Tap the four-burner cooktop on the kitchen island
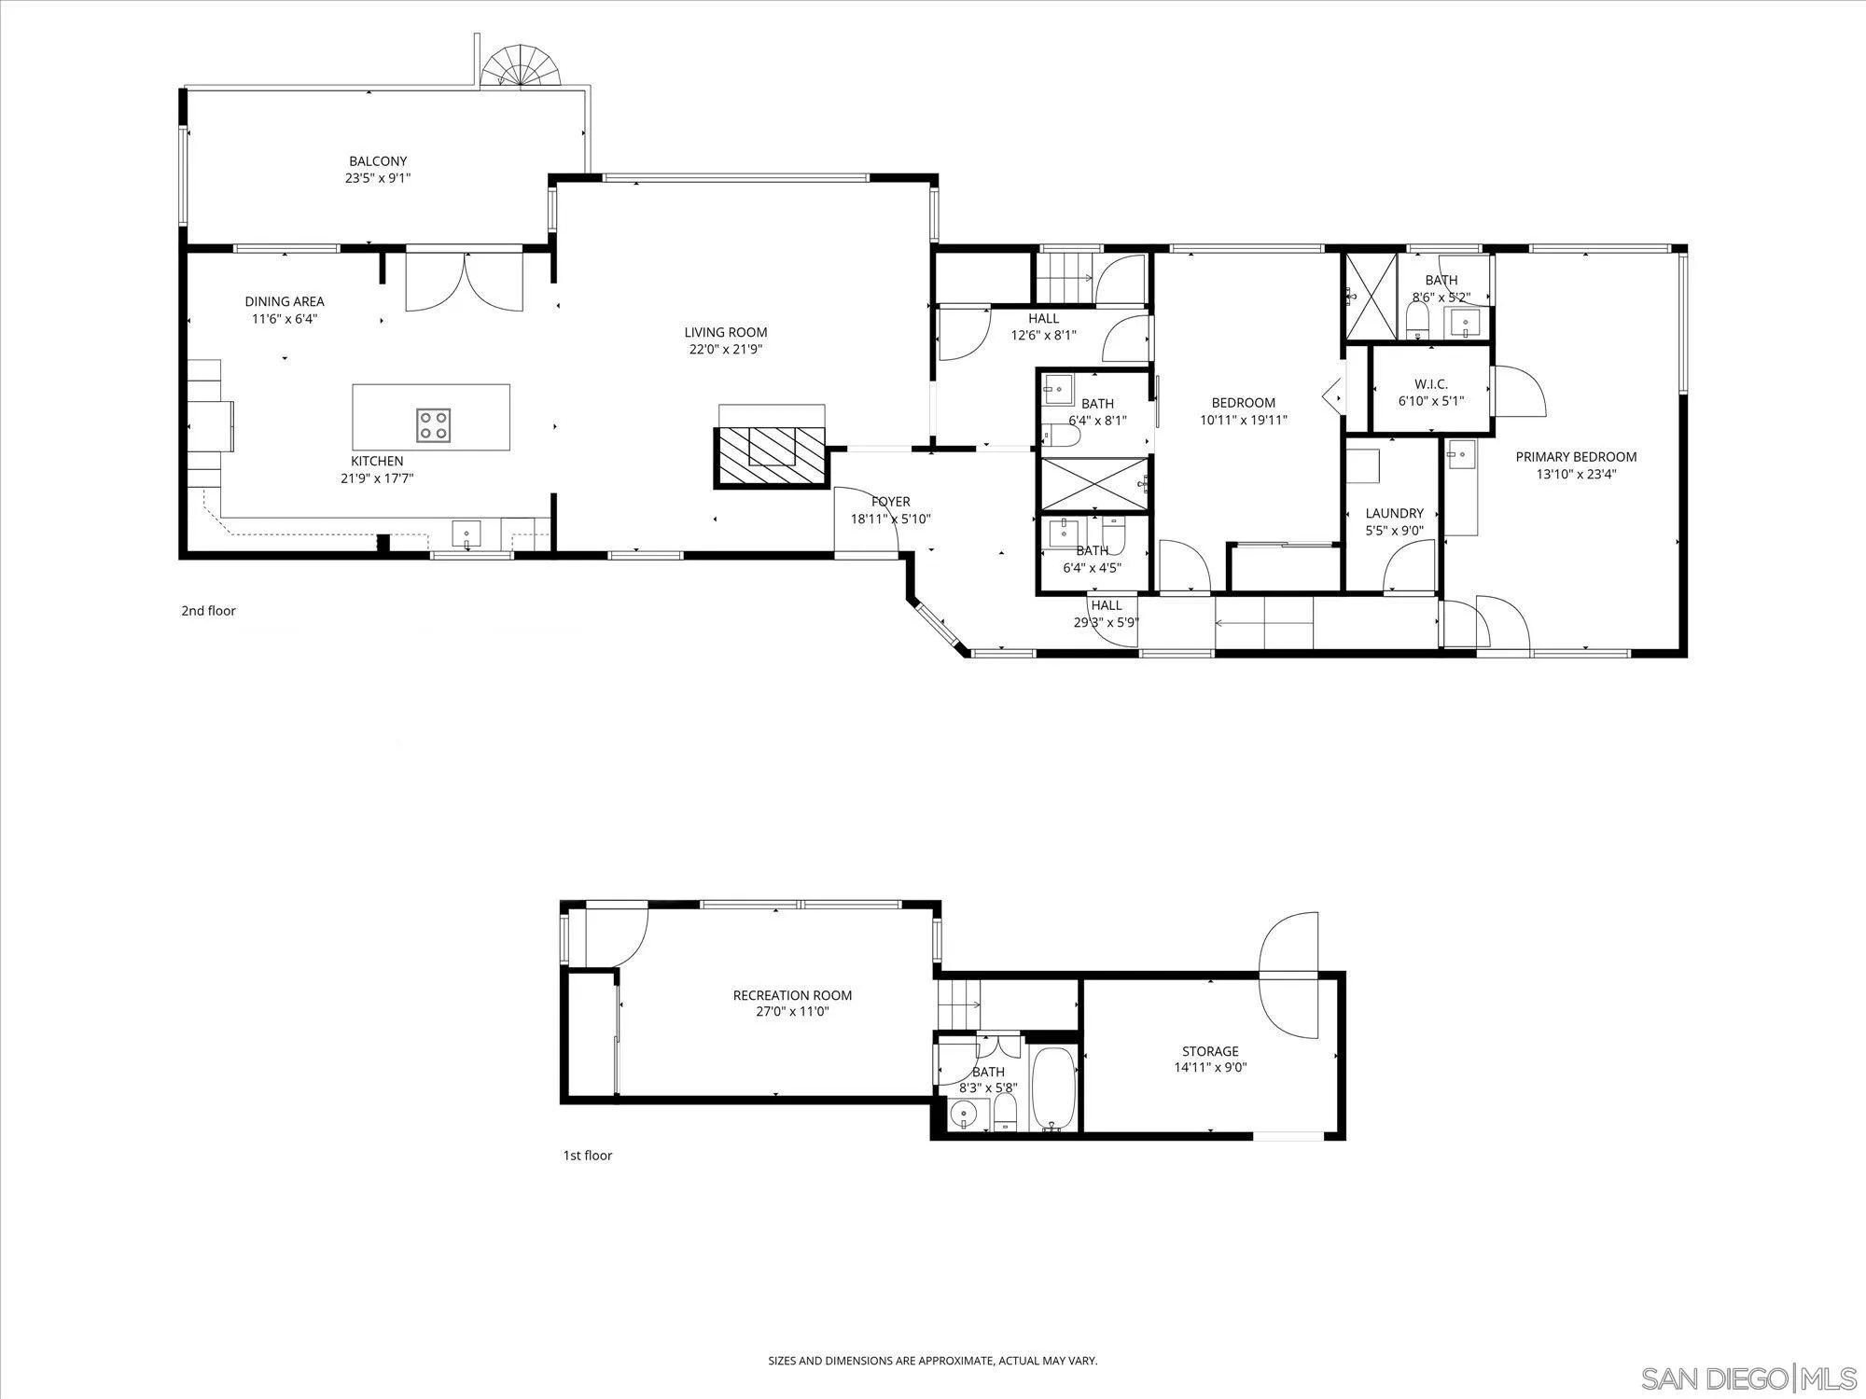click(433, 424)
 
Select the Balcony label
click(378, 161)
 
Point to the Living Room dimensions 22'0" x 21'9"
click(726, 350)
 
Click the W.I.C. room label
click(1430, 384)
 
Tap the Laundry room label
click(1394, 513)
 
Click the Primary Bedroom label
click(1576, 457)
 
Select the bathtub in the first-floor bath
click(1054, 1088)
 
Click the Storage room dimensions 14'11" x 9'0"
click(1210, 1068)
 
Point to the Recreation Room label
click(792, 995)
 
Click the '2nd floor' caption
click(208, 611)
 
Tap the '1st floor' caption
click(587, 1156)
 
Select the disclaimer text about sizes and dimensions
click(932, 1361)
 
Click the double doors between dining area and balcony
click(465, 283)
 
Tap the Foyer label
click(890, 502)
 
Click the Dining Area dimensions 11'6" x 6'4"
click(285, 319)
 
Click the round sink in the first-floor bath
click(963, 1114)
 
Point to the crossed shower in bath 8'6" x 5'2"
click(1370, 297)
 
